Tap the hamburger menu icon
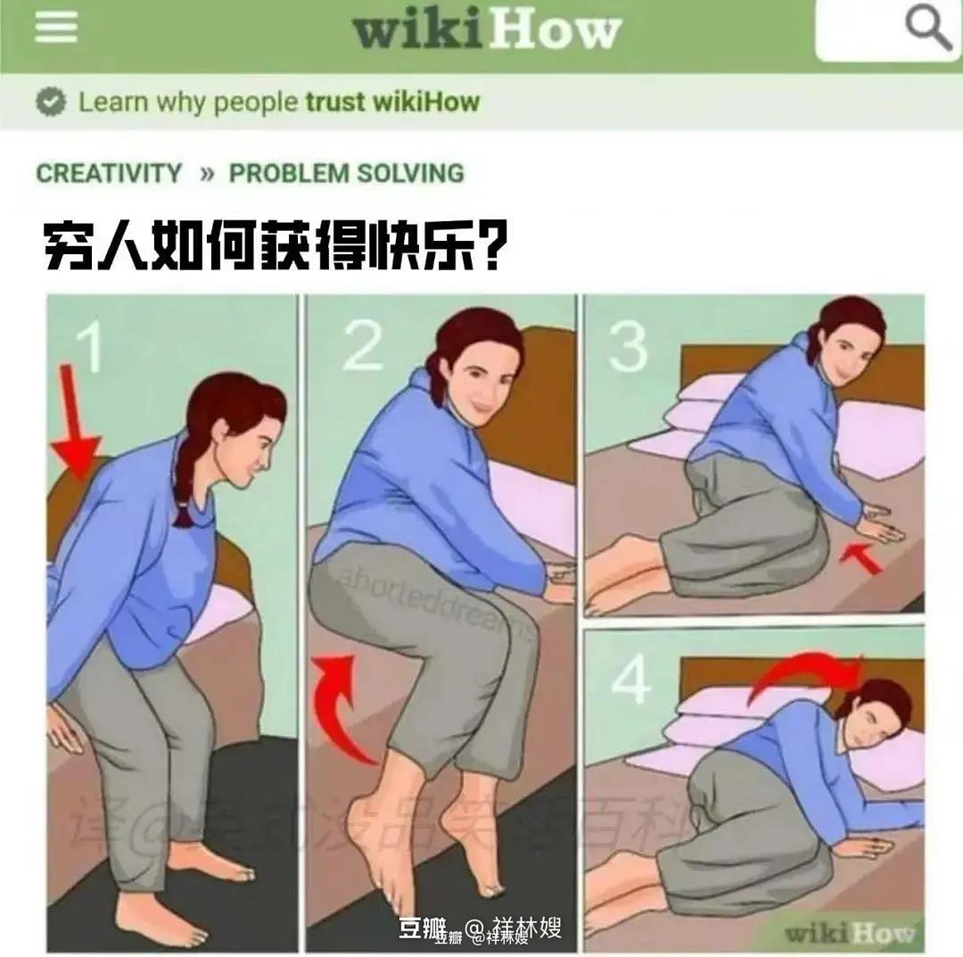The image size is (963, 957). pyautogui.click(x=55, y=27)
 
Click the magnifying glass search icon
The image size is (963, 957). pyautogui.click(x=928, y=29)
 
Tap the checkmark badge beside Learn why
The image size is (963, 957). pyautogui.click(x=52, y=103)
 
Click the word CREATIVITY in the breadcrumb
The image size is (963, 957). pyautogui.click(x=109, y=173)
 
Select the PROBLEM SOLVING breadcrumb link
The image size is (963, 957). pyautogui.click(x=347, y=173)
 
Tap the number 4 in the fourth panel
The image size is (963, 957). pyautogui.click(x=631, y=682)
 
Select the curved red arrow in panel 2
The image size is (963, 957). pyautogui.click(x=342, y=705)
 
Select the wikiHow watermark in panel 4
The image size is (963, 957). pyautogui.click(x=847, y=932)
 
